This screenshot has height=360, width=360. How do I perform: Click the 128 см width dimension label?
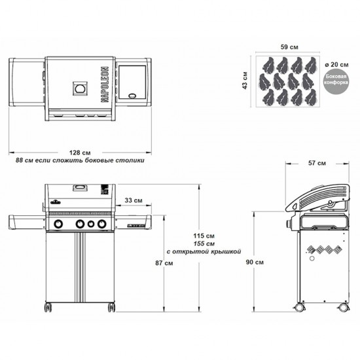tap(80, 153)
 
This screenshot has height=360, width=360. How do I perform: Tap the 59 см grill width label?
tap(289, 47)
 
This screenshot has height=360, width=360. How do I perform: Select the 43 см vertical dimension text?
tap(245, 81)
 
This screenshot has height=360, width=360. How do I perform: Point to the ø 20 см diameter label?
tap(336, 65)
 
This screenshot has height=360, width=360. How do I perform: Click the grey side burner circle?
tap(336, 80)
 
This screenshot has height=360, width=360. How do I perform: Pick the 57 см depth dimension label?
tap(317, 163)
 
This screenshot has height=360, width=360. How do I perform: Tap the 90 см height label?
tap(255, 262)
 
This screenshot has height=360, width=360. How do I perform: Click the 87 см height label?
tap(164, 263)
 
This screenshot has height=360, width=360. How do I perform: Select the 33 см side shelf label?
tap(134, 200)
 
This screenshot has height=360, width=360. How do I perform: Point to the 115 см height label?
tap(204, 236)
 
